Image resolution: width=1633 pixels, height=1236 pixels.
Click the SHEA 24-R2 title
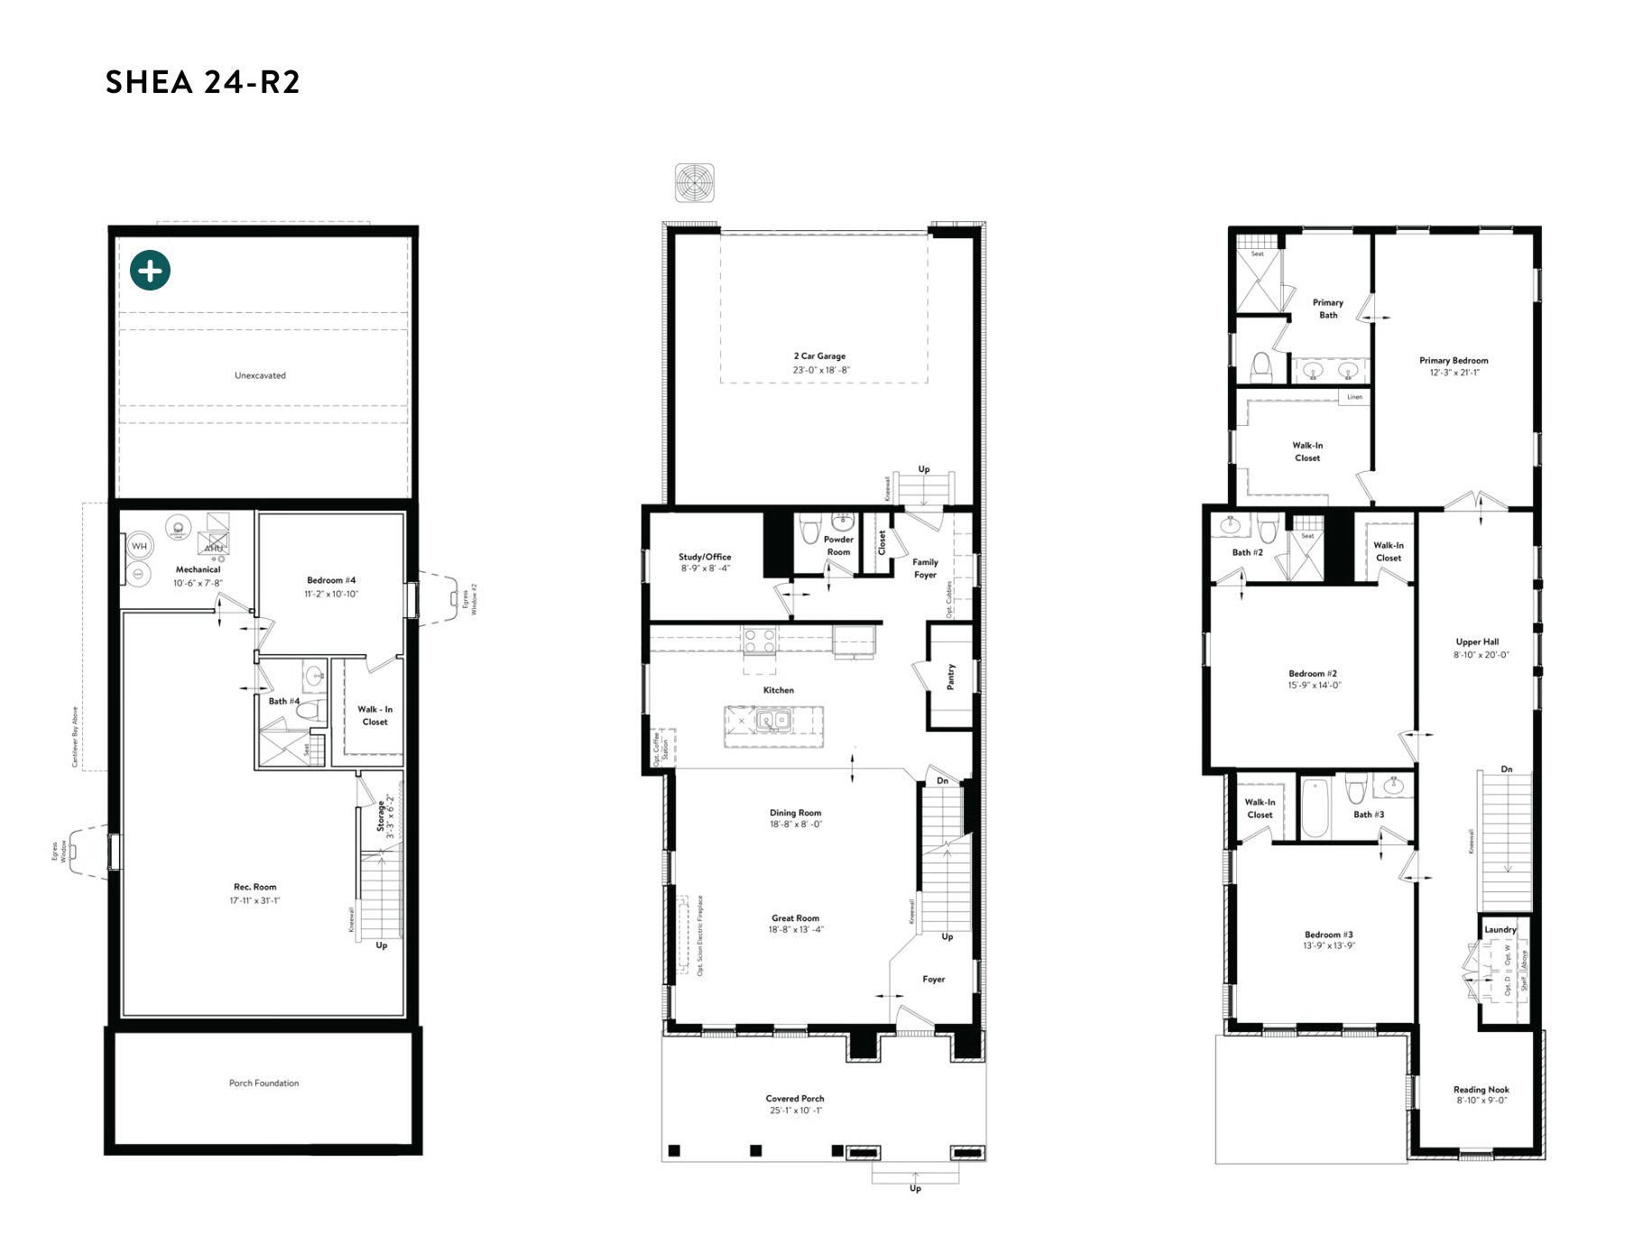click(202, 82)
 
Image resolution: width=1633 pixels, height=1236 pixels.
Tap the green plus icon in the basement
click(150, 270)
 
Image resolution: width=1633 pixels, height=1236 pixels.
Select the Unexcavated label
click(260, 375)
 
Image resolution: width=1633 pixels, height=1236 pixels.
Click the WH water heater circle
click(139, 546)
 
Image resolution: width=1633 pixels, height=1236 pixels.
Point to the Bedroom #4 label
click(331, 580)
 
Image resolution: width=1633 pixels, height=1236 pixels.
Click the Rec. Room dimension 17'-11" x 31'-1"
click(254, 900)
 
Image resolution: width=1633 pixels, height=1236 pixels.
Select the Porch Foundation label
click(263, 1083)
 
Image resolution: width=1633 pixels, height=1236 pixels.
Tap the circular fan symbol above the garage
click(695, 183)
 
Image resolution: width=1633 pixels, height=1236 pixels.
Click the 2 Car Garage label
click(819, 355)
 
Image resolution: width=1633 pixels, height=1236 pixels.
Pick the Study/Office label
click(705, 557)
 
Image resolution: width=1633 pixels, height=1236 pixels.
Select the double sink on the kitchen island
click(773, 720)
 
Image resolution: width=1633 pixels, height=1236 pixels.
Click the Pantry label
click(950, 677)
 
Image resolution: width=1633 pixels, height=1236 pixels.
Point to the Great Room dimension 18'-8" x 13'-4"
click(796, 930)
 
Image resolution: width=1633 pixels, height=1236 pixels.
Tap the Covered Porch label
click(795, 1098)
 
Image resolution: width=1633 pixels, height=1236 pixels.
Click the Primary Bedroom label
click(1453, 360)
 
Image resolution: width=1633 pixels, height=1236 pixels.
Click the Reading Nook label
click(1481, 1089)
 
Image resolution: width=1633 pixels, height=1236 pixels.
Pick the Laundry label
click(1500, 929)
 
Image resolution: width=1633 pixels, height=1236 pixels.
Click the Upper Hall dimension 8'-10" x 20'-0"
click(1481, 655)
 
